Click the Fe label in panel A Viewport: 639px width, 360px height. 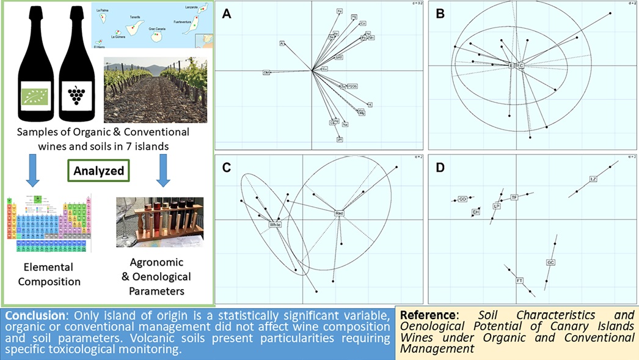[x=340, y=12]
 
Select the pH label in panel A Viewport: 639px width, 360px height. [x=340, y=139]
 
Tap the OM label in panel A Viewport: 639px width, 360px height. [x=266, y=73]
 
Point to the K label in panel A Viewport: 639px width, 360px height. [x=370, y=105]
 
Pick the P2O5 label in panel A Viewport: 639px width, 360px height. [x=351, y=87]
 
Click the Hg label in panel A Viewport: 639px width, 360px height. [x=354, y=17]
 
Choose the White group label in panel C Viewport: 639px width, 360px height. [x=278, y=225]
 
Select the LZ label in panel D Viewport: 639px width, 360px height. [x=593, y=179]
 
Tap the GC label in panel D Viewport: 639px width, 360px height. [x=550, y=262]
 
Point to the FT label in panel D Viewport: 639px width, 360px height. [x=520, y=281]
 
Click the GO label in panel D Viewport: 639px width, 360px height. [x=462, y=199]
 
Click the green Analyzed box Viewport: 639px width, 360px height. [x=99, y=171]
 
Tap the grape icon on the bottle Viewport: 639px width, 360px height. [x=76, y=95]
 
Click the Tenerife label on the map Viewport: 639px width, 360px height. [x=136, y=18]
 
